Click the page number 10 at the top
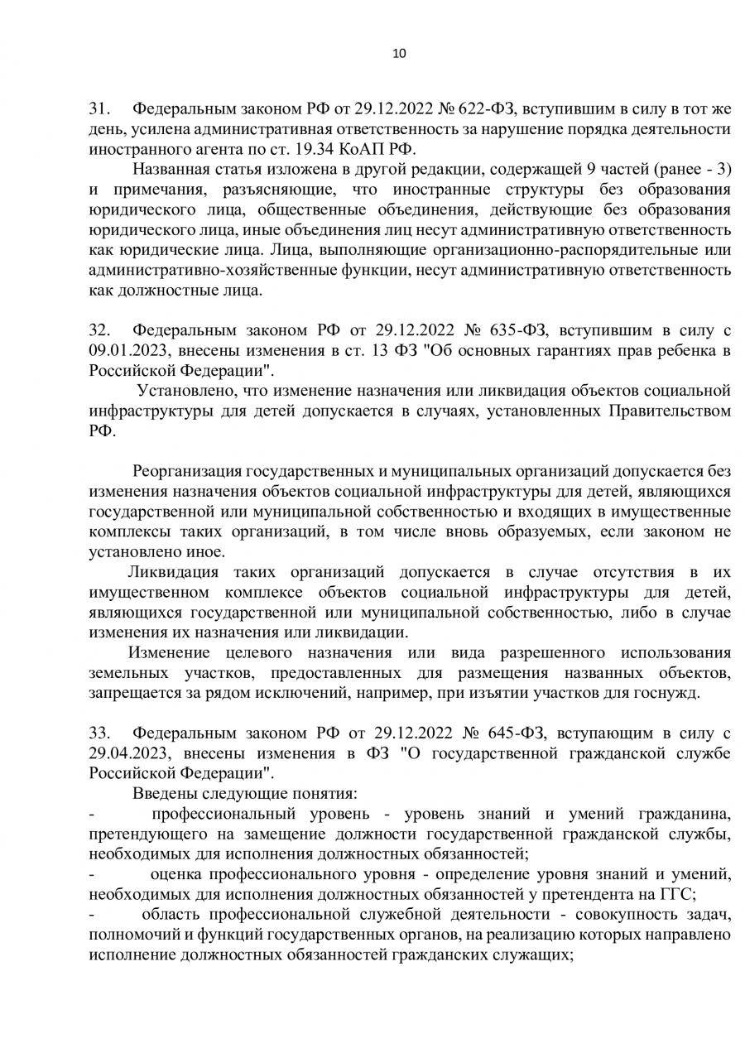point(399,54)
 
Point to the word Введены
point(161,792)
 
